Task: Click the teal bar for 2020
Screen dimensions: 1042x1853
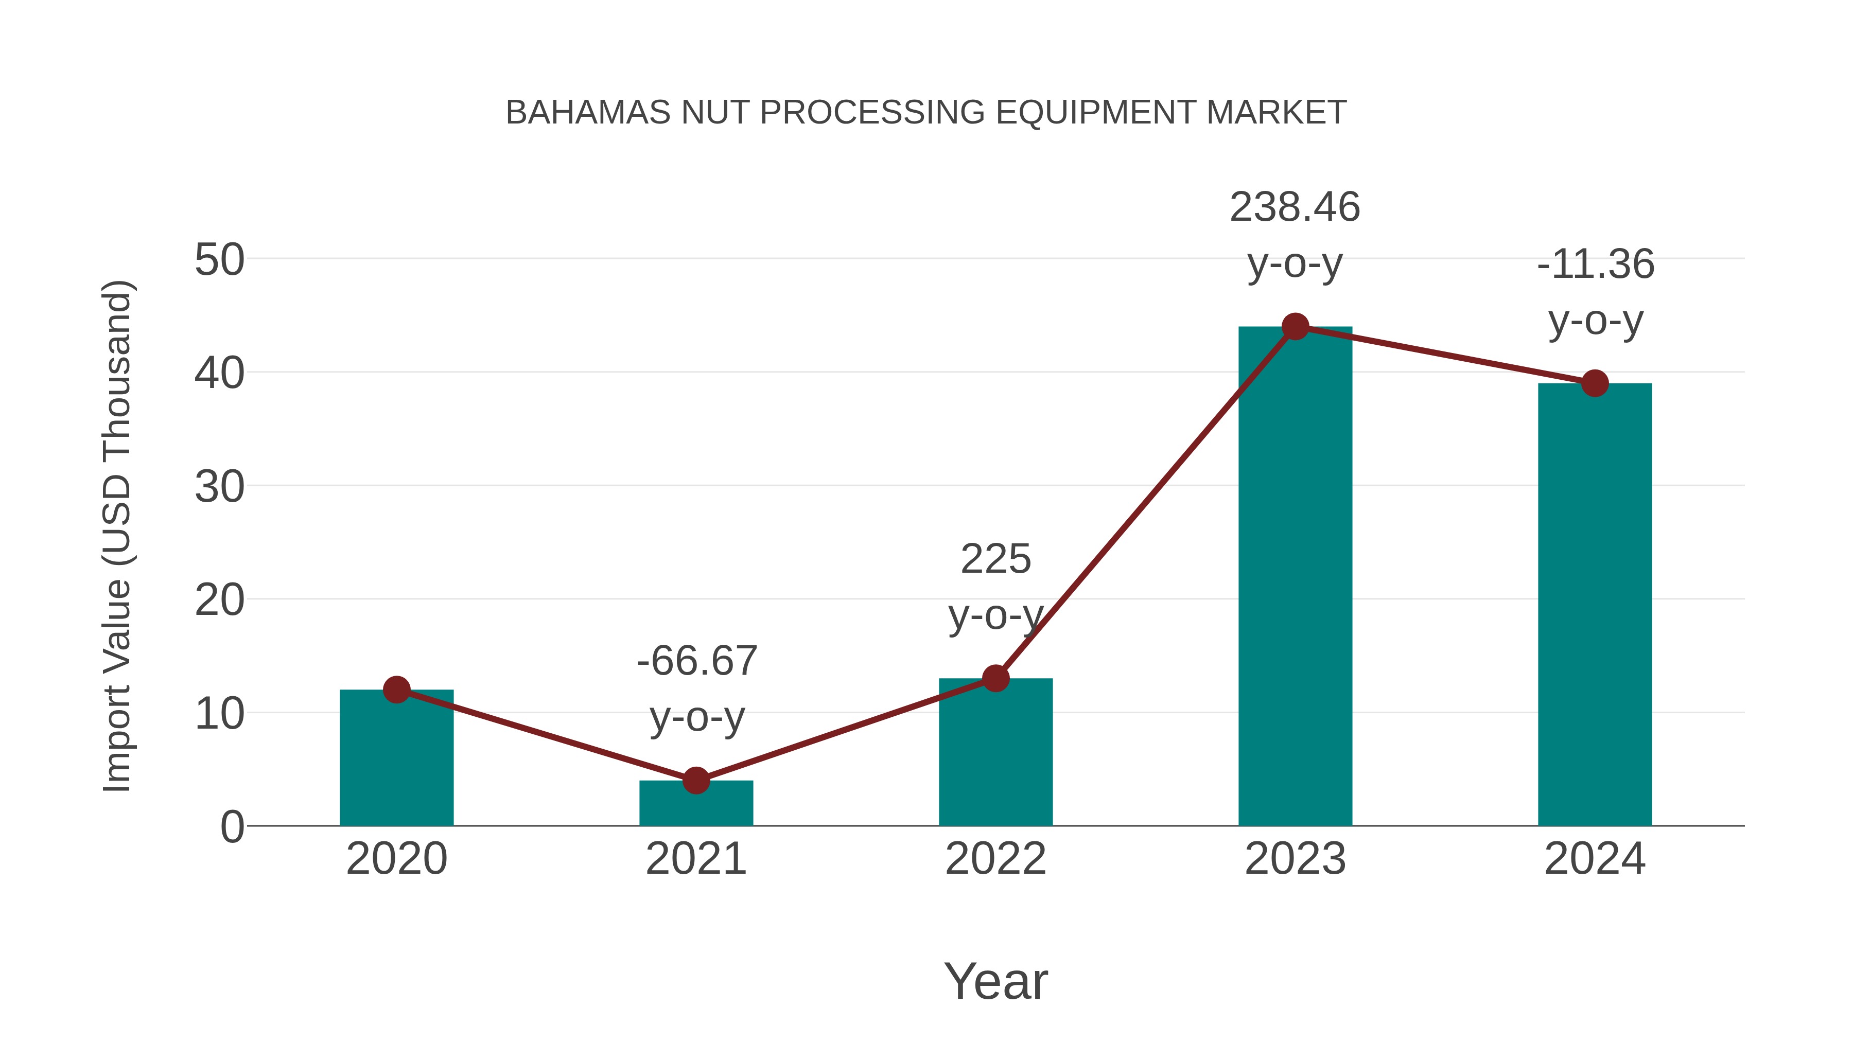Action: [396, 762]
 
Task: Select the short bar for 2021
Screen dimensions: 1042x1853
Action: [695, 805]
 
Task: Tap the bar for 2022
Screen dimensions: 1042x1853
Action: [995, 755]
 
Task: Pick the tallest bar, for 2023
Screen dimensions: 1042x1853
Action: [1295, 575]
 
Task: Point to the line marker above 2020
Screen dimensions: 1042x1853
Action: [396, 690]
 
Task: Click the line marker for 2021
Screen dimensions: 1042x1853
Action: [695, 780]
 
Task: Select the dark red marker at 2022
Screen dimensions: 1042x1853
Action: [995, 678]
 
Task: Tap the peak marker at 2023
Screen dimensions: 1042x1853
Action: [1295, 326]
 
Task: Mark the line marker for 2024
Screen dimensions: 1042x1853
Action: [1595, 383]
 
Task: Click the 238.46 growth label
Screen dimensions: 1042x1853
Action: [1295, 208]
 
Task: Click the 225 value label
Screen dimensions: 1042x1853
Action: [995, 559]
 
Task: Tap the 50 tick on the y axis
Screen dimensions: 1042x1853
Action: [219, 260]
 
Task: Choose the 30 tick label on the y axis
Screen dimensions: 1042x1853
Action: [219, 488]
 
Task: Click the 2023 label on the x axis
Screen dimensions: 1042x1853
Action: [1295, 859]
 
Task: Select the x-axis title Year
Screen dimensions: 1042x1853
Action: [995, 982]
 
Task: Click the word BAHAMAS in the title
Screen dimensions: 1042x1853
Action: [588, 113]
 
